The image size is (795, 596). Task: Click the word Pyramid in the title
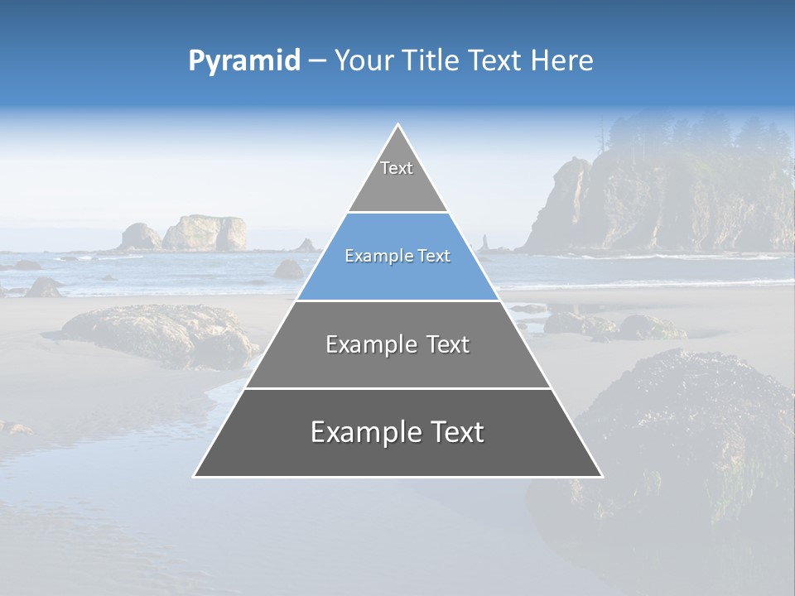[x=244, y=61]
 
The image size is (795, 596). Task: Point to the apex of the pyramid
[x=398, y=126]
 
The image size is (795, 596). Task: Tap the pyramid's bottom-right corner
[x=601, y=476]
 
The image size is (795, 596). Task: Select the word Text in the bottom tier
[x=456, y=432]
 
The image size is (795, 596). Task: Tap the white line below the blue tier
[x=397, y=300]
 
